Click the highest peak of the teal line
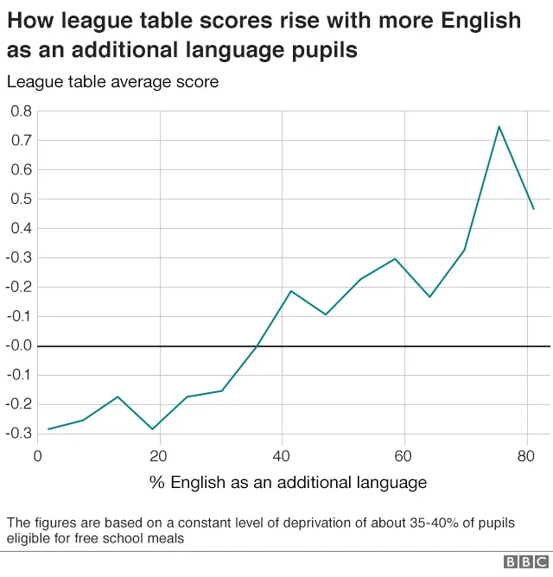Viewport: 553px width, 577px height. (499, 127)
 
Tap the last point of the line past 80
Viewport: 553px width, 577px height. (533, 209)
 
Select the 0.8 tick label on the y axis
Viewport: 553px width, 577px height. (21, 111)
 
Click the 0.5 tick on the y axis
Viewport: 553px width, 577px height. (21, 200)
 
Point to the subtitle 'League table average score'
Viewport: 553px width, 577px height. (112, 82)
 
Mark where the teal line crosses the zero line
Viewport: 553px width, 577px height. (257, 346)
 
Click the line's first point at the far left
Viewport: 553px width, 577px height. (48, 429)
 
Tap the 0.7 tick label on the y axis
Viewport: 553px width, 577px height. (21, 141)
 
